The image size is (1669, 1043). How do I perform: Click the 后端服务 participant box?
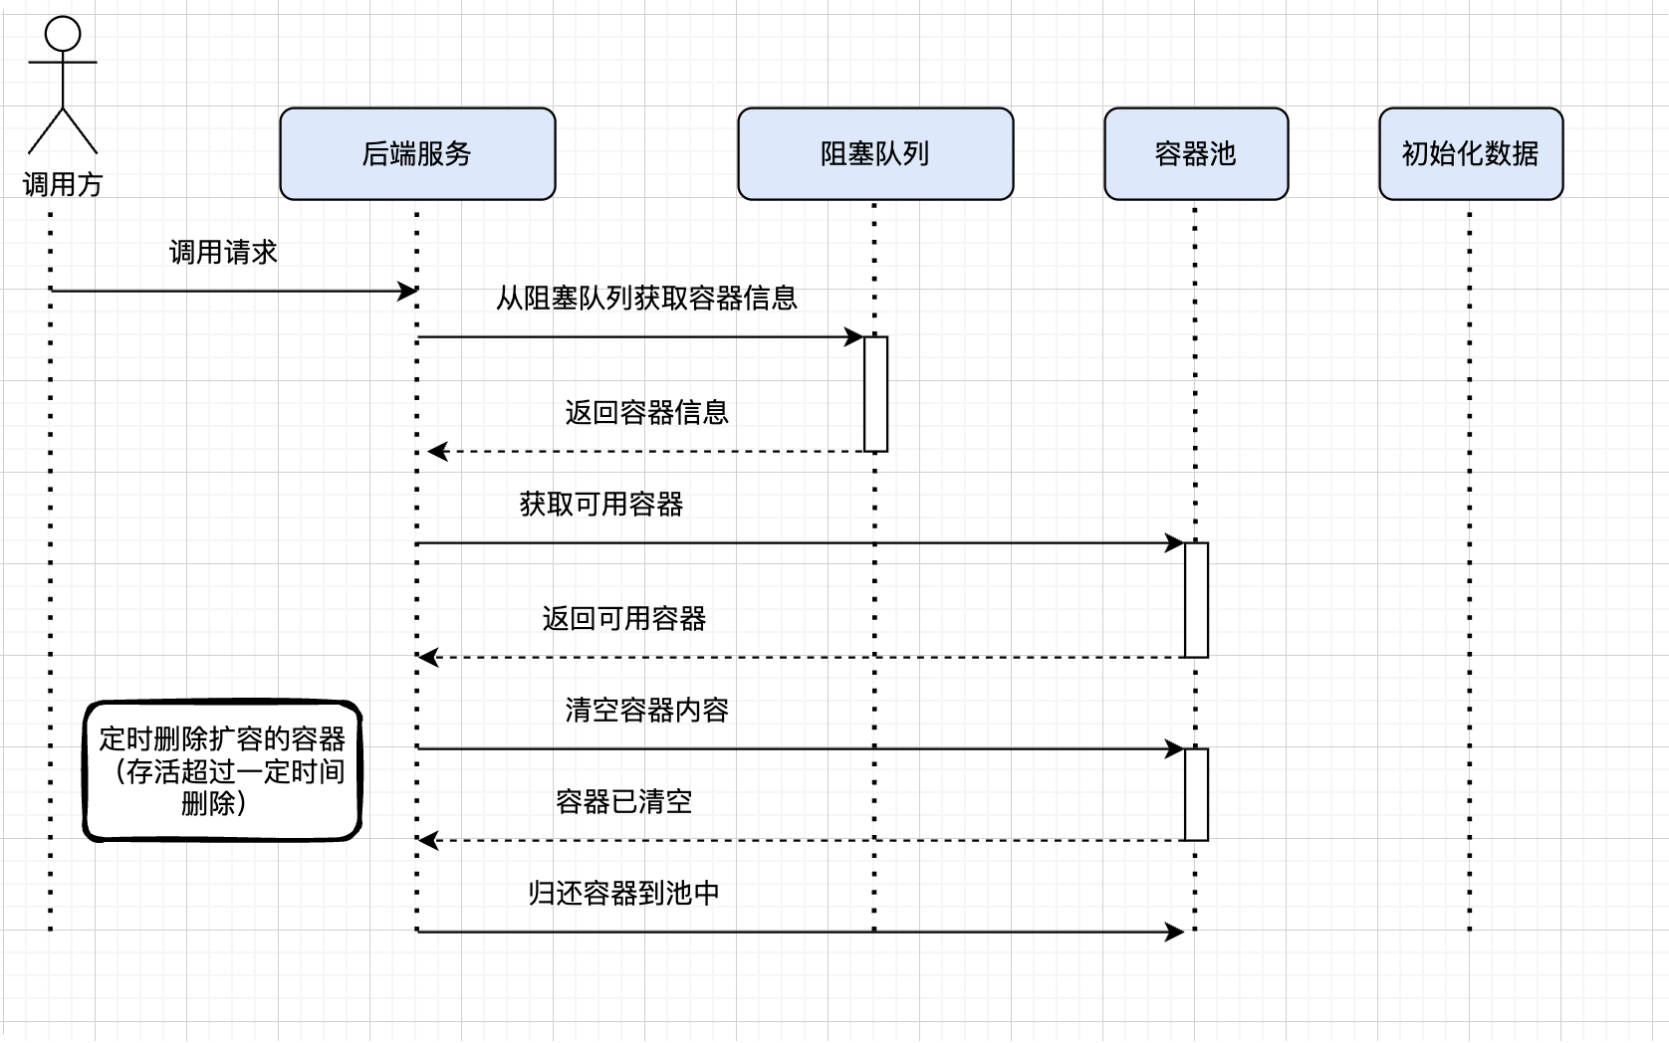tap(417, 154)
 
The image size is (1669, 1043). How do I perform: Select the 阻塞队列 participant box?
tap(875, 154)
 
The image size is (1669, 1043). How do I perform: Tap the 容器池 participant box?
tap(1196, 154)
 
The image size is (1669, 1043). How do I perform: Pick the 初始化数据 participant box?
tap(1471, 154)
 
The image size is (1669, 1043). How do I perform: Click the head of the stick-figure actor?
tap(63, 34)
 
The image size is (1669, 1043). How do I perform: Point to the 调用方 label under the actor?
tap(63, 184)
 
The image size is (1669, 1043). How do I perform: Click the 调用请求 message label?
tap(223, 253)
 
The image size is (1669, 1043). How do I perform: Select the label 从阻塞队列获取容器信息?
tap(646, 299)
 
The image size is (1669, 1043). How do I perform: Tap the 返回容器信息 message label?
tap(646, 412)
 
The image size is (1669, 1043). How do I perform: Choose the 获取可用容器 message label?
tap(601, 505)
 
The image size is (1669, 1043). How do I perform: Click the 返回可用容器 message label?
tap(624, 619)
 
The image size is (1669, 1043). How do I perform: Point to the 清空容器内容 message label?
tap(646, 711)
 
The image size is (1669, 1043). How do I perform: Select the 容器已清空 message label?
tap(624, 802)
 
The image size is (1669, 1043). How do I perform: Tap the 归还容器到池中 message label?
tap(624, 894)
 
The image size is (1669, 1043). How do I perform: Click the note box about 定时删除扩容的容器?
tap(222, 770)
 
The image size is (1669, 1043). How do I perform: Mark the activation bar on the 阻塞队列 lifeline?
tap(875, 394)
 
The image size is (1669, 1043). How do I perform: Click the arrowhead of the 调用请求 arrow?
tap(408, 291)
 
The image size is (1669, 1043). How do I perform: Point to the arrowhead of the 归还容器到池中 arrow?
tap(1175, 932)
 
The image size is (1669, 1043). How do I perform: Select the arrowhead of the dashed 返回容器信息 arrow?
tap(437, 451)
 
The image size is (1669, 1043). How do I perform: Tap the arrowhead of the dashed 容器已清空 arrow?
tap(427, 841)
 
